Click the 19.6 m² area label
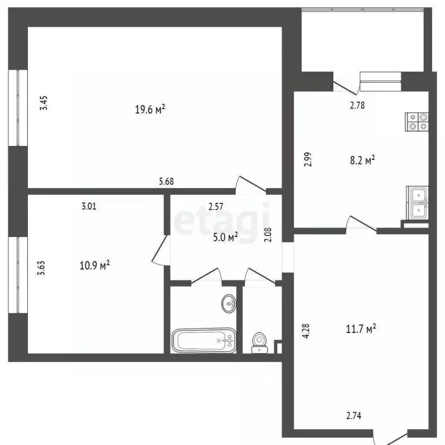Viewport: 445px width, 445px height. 150,109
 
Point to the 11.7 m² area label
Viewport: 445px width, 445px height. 361,329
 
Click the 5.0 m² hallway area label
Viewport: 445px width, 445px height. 225,236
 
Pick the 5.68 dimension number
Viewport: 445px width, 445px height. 167,181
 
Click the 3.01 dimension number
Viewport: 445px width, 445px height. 89,205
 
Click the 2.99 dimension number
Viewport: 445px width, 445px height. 309,159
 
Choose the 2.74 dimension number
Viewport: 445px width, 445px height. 354,415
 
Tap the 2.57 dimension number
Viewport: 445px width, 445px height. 217,205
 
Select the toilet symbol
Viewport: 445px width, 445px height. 258,342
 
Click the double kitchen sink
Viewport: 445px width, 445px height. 417,202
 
